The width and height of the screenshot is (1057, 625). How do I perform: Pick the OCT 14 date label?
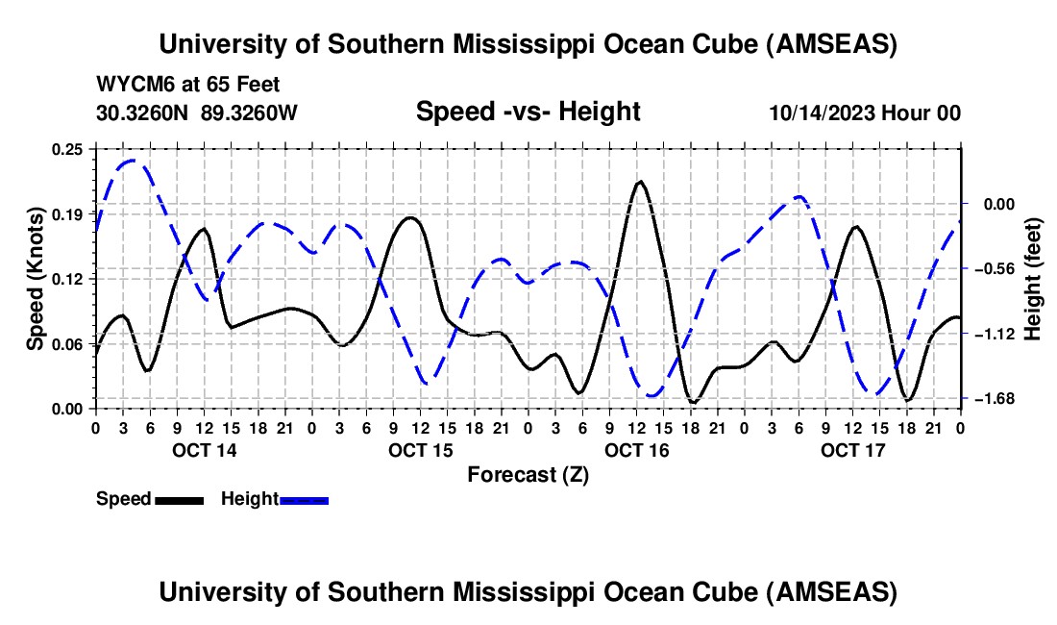point(204,450)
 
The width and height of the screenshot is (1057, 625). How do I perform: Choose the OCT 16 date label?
point(636,450)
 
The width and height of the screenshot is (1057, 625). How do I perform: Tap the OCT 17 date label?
point(852,450)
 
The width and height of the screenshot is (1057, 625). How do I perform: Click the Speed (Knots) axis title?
point(36,278)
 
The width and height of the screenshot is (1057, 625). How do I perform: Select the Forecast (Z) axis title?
point(528,474)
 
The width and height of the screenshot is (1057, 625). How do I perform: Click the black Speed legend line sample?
point(178,500)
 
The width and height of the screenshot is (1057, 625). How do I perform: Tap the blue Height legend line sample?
point(304,500)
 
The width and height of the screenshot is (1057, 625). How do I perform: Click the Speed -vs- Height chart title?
point(528,112)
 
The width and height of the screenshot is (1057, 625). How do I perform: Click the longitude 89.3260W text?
point(250,112)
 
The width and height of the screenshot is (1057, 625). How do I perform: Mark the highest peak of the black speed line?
point(640,181)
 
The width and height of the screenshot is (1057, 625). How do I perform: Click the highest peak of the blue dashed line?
point(132,161)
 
